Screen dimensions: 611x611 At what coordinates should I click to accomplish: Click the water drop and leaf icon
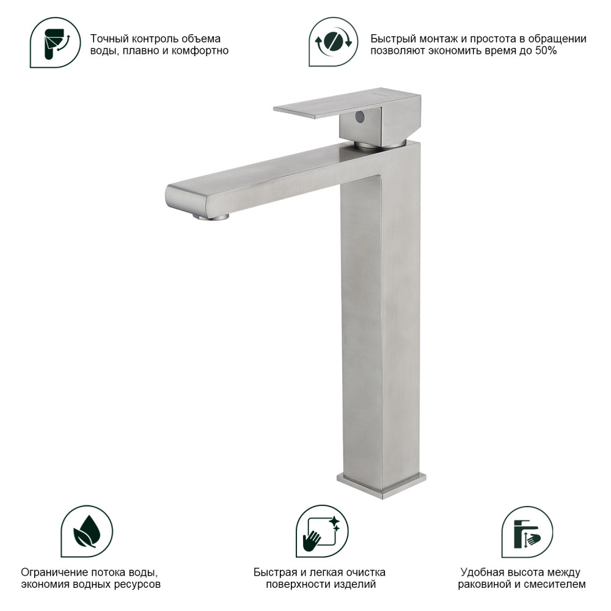pos(87,531)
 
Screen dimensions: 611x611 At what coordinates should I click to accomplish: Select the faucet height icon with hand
pos(527,532)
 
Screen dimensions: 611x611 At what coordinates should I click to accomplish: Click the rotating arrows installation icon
pos(333,42)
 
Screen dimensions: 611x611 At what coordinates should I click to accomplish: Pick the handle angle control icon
pos(56,43)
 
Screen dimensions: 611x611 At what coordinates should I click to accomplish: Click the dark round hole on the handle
pos(360,117)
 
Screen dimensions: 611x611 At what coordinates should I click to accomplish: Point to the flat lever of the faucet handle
pos(347,102)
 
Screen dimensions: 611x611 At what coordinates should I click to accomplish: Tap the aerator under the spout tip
pos(211,217)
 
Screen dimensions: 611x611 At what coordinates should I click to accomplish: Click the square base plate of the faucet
pos(381,485)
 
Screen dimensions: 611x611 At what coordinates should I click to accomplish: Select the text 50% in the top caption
pos(546,51)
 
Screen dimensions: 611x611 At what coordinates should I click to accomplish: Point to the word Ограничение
pos(54,573)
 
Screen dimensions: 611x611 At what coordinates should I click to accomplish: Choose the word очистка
pos(364,573)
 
